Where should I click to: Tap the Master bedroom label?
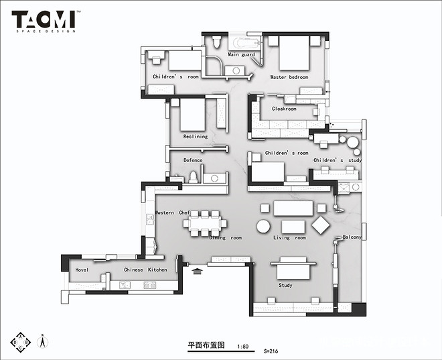point(289,77)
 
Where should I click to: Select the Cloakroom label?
point(284,109)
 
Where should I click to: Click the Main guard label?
point(241,54)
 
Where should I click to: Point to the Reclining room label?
point(196,137)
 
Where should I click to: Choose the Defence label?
point(193,160)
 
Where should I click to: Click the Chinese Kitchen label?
point(145,269)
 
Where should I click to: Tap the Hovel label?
point(82,269)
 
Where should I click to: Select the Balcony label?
point(352,237)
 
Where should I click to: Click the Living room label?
point(289,238)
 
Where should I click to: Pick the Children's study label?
point(338,161)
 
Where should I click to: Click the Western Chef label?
point(173,213)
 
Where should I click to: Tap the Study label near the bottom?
point(285,286)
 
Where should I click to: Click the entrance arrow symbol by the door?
point(198,272)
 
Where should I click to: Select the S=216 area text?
point(271,350)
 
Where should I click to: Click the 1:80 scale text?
point(242,347)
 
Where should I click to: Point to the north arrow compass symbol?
point(42,340)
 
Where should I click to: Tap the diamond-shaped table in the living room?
point(321,225)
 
